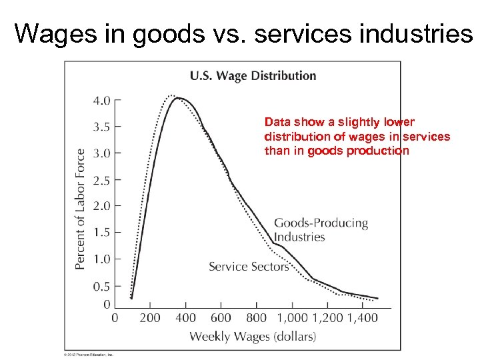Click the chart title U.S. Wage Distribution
tap(253, 75)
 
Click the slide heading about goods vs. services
tap(243, 33)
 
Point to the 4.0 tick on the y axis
tap(102, 101)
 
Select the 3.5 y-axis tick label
tap(102, 127)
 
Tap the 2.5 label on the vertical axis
tap(102, 180)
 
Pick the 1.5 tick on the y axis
tap(102, 233)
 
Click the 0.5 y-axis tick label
tap(102, 286)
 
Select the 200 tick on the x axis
tap(150, 318)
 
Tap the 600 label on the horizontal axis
tap(221, 318)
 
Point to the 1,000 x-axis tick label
tap(292, 318)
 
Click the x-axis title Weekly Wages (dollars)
tap(253, 337)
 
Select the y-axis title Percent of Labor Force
tap(81, 209)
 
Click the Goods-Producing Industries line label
tap(321, 230)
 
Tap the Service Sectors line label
tap(249, 267)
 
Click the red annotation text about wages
tap(357, 137)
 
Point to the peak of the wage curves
tap(177, 98)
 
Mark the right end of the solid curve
tap(377, 298)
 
